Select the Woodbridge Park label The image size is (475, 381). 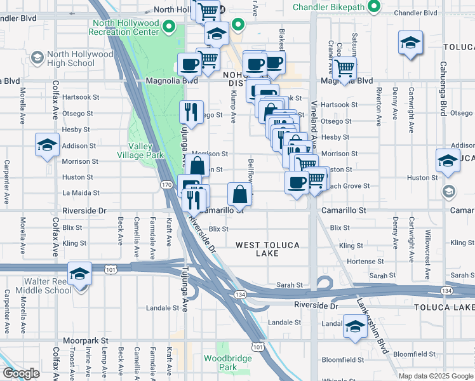coord(228,363)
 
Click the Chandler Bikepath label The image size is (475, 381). coord(330,8)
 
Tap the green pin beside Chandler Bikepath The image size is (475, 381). coord(374,8)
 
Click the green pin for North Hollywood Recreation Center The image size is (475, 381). coord(169,27)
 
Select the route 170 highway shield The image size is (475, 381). coord(166,185)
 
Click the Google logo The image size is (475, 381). coord(21,373)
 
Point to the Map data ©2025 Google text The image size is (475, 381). coord(435,376)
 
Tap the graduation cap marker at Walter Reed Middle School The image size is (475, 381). coord(81,274)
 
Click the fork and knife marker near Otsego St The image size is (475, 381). coord(191,112)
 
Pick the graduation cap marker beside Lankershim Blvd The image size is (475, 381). coord(355,326)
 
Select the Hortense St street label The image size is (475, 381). coord(360,261)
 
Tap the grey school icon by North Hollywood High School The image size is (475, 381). coord(37,58)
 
